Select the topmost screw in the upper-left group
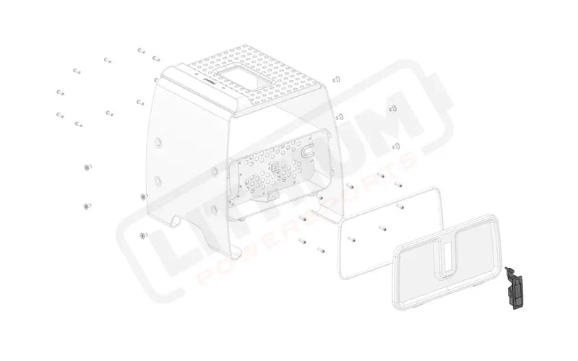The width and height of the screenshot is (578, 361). point(140,51)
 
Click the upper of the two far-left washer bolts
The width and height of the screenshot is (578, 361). point(87,168)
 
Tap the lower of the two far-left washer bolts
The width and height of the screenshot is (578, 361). point(87,206)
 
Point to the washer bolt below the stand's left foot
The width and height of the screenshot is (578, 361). point(142,235)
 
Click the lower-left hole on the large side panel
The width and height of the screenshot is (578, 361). point(156,178)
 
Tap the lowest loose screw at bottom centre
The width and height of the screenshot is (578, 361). point(321,251)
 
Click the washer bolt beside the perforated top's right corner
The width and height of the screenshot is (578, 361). point(337,78)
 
